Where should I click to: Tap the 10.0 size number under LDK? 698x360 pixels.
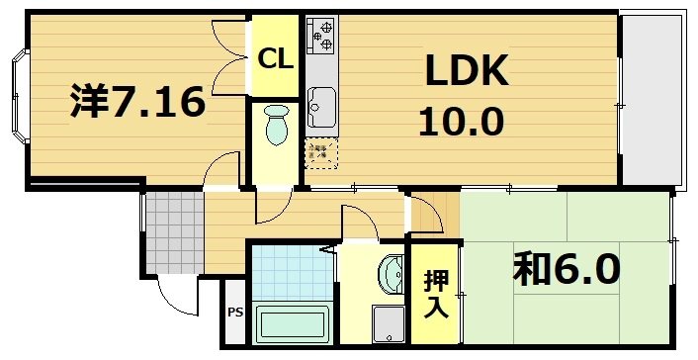click(461, 122)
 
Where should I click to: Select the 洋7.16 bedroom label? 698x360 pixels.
click(137, 102)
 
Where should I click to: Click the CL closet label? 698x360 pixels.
click(275, 58)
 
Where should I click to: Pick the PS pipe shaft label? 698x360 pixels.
click(234, 314)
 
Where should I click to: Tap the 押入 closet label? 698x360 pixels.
click(435, 294)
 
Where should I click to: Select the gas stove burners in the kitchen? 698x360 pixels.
click(321, 35)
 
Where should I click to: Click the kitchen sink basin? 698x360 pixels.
click(320, 101)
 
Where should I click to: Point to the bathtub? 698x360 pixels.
click(292, 322)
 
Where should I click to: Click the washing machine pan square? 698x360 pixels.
click(388, 322)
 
